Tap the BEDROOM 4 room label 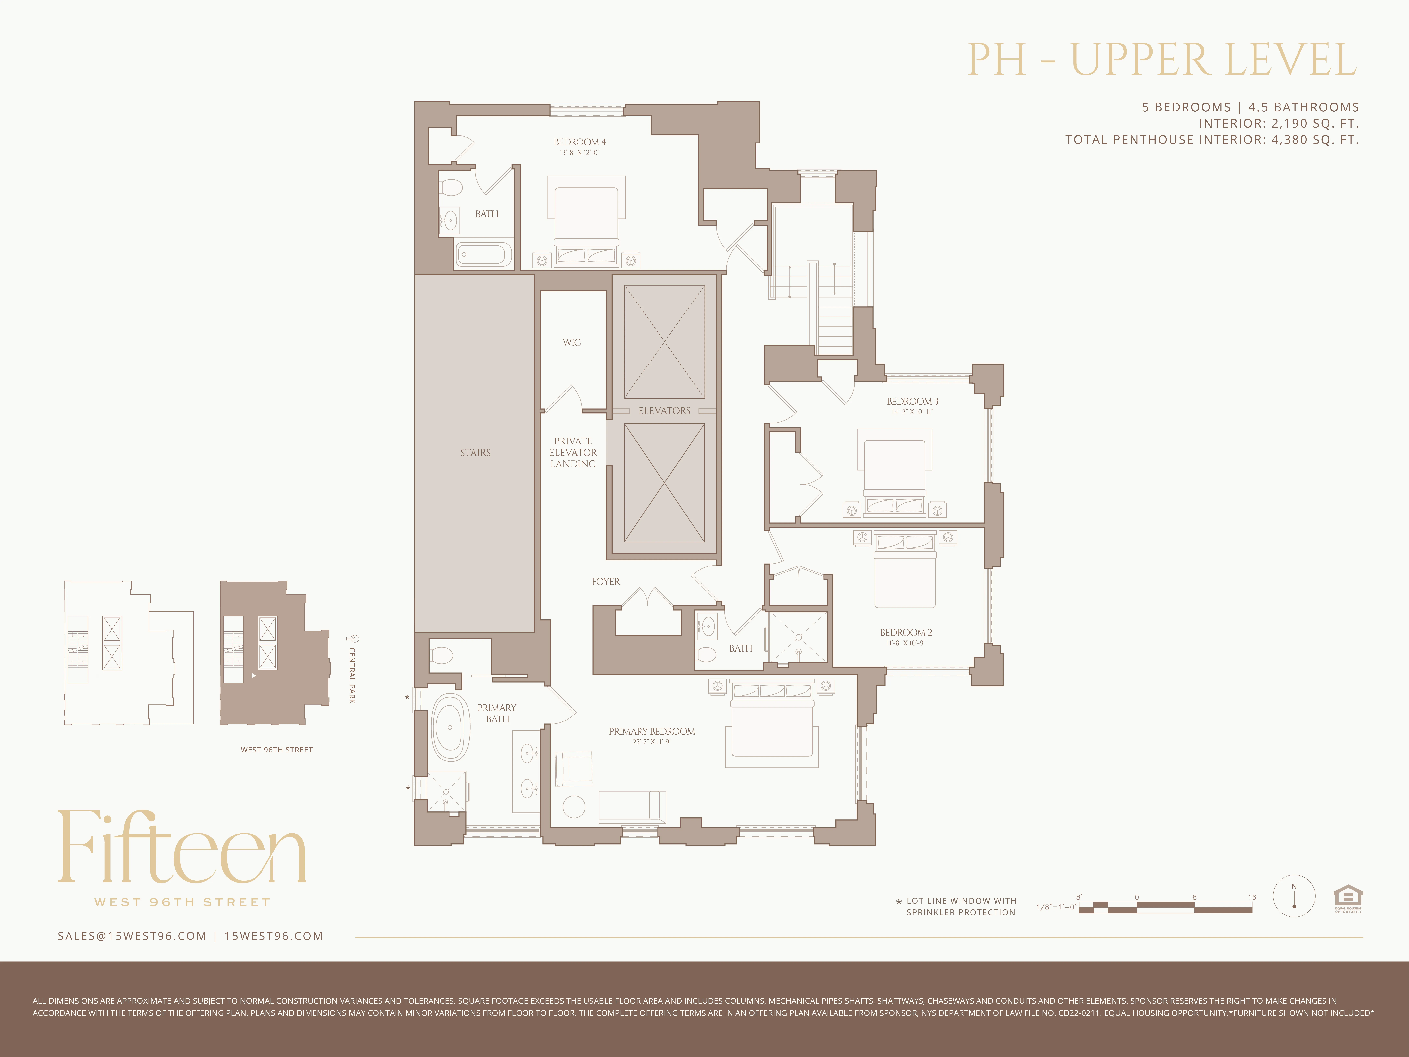[579, 142]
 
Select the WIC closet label [571, 343]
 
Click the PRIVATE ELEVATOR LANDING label [573, 452]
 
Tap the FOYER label [605, 582]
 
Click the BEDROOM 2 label [906, 633]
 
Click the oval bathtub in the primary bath [450, 727]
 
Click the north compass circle [1294, 896]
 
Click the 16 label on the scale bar [1252, 897]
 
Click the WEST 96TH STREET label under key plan [277, 750]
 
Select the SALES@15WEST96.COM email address [132, 936]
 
